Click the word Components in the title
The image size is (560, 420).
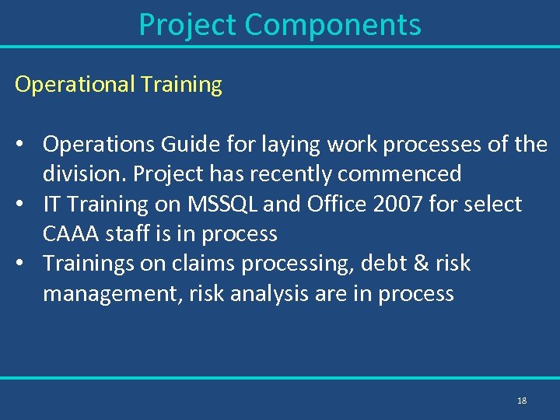pos(332,25)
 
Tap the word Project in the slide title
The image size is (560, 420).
pos(187,25)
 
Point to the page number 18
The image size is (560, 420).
pos(521,401)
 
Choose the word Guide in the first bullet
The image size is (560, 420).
pos(180,145)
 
